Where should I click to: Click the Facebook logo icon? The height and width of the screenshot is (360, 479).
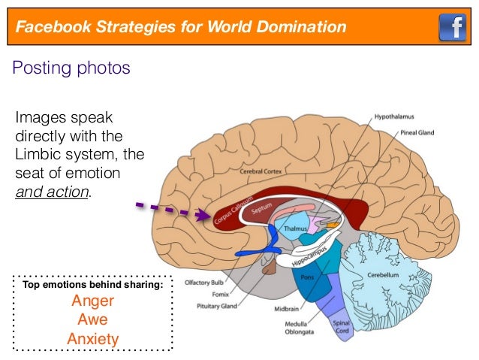point(452,28)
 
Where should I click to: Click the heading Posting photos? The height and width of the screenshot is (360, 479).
point(71,68)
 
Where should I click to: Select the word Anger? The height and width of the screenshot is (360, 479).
point(92,301)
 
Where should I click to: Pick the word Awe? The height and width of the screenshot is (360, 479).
point(92,320)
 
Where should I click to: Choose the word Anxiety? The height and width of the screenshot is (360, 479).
point(93,339)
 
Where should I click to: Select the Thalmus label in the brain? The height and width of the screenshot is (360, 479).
point(290,226)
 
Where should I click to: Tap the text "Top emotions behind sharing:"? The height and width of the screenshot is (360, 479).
point(92,285)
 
